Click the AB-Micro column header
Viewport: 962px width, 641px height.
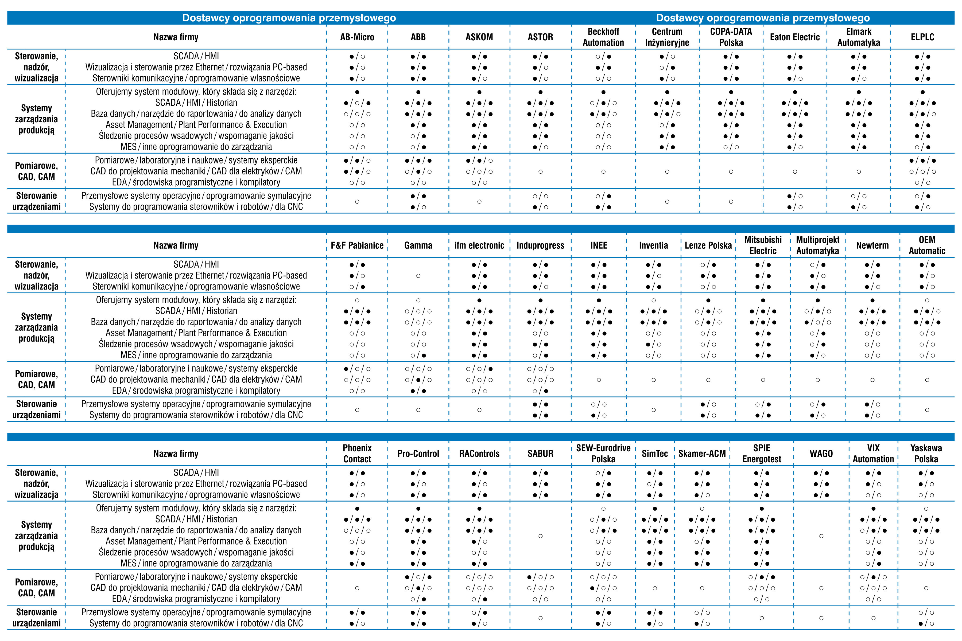tap(357, 37)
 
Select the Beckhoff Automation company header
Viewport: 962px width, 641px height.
tap(603, 37)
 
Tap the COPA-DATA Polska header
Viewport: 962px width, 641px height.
tap(731, 37)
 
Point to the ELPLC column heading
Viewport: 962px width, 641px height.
tap(922, 37)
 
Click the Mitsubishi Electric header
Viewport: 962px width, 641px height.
tap(763, 245)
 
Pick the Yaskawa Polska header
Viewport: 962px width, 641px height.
tap(926, 453)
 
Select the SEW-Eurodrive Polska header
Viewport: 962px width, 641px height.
tap(603, 453)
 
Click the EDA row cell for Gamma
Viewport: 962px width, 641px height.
tap(418, 391)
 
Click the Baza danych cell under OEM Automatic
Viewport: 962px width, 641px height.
tap(927, 322)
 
